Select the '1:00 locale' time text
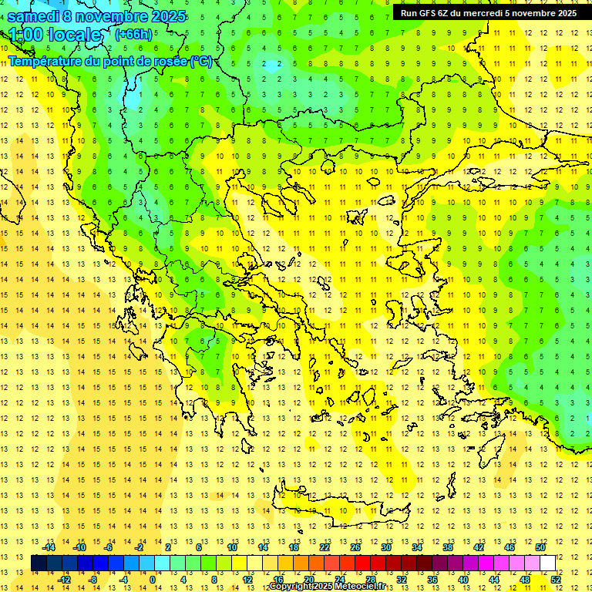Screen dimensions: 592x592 tap(55, 35)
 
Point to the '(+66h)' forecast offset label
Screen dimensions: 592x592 tap(133, 35)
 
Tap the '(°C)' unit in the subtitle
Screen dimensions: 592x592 tap(201, 61)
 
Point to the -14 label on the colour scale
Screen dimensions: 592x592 tap(49, 547)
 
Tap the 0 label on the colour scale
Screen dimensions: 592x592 tap(153, 580)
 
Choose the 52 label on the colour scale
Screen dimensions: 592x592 tap(556, 580)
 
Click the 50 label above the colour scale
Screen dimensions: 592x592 tap(540, 547)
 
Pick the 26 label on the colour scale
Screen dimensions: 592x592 tap(355, 547)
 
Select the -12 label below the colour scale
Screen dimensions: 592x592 tap(64, 580)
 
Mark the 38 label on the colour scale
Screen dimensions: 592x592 tap(448, 547)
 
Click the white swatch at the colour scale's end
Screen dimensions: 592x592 tap(547, 563)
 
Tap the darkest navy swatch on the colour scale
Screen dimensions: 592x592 tap(39, 563)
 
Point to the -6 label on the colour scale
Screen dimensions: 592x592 tap(109, 547)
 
